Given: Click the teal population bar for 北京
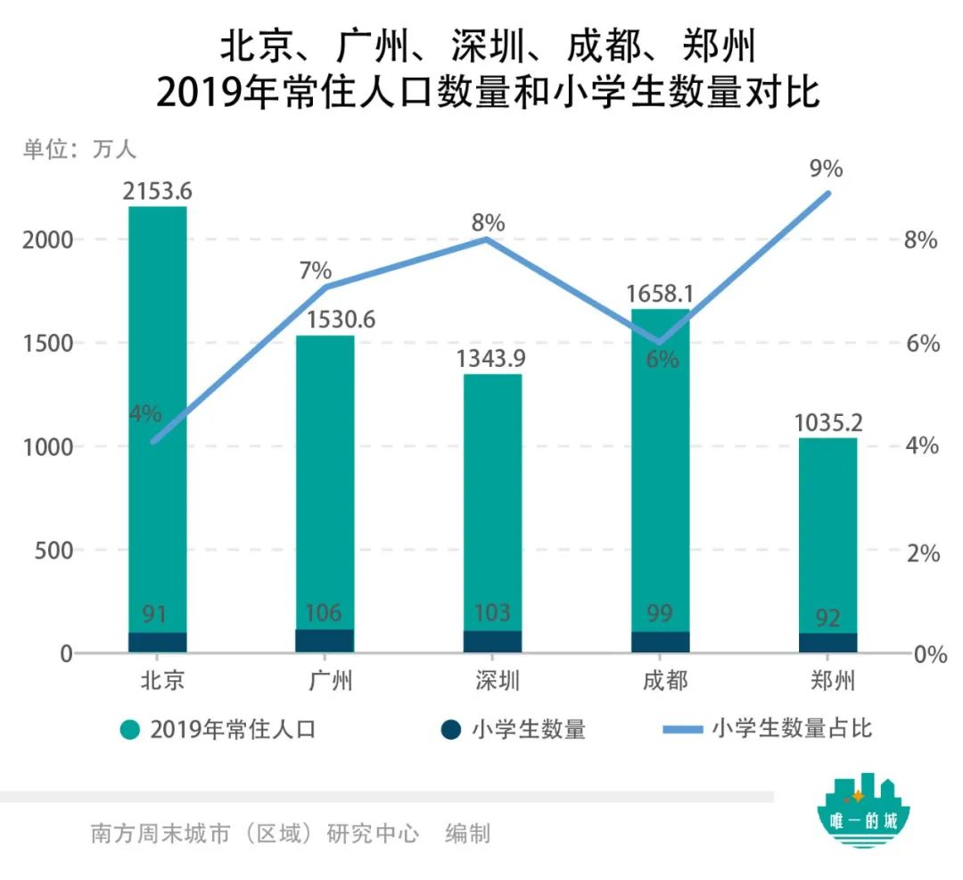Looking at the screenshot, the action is point(158,402).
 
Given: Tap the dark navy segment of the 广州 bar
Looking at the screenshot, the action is point(325,641).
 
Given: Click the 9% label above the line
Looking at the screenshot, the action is point(826,169).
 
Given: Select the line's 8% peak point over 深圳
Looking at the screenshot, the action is point(487,238).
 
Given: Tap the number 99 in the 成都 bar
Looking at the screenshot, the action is point(660,613).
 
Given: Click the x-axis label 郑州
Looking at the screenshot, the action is point(827,681).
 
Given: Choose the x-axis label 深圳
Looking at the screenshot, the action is point(492,681).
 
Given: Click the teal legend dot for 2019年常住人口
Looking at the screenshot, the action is point(131,730).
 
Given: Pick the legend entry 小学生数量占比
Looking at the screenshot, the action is point(791,728).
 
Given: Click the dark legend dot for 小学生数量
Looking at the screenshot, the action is point(452,730).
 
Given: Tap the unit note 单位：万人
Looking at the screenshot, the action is point(79,149).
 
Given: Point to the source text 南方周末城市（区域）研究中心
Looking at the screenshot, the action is point(254,834).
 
